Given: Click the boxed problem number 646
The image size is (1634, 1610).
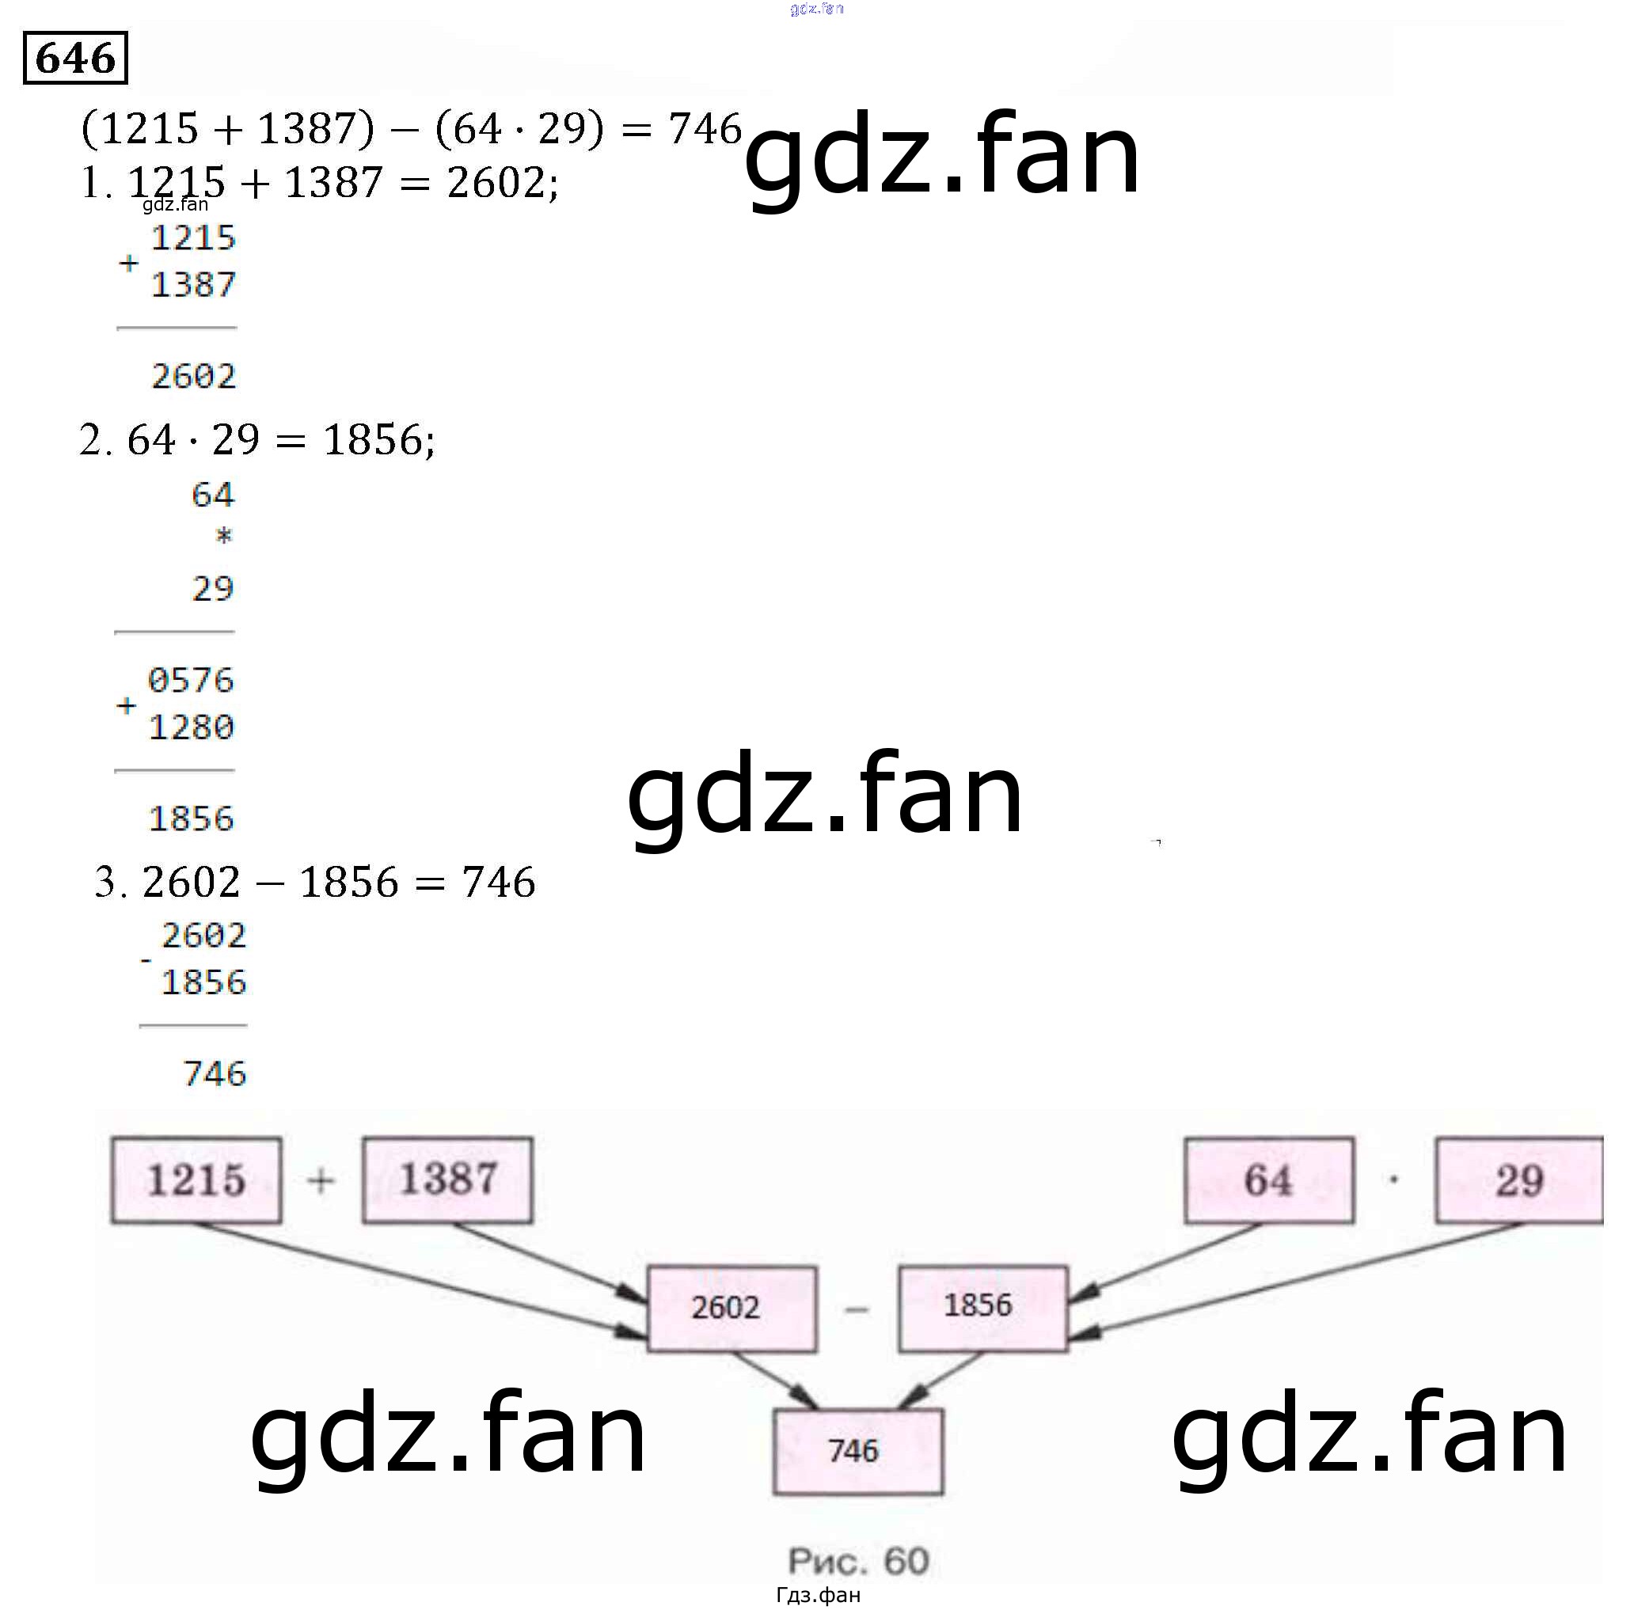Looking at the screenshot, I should pyautogui.click(x=75, y=59).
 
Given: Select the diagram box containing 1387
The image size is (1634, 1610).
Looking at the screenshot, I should pyautogui.click(x=447, y=1179).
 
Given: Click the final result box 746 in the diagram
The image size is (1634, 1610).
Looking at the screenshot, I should pyautogui.click(x=857, y=1451).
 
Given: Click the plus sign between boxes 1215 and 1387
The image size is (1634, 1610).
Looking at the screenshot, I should pyautogui.click(x=321, y=1180).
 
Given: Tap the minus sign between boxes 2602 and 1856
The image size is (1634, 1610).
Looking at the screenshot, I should pyautogui.click(x=856, y=1310).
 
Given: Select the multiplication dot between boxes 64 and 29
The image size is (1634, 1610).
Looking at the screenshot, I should pyautogui.click(x=1393, y=1179).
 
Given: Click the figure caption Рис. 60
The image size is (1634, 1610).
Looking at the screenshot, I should pyautogui.click(x=857, y=1561).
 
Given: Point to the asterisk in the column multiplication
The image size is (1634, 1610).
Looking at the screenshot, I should pyautogui.click(x=223, y=536).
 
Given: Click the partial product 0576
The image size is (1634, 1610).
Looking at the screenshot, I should pyautogui.click(x=191, y=681).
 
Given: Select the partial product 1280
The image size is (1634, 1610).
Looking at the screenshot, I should pyautogui.click(x=191, y=727).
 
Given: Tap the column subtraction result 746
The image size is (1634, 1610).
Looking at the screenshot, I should pyautogui.click(x=215, y=1074).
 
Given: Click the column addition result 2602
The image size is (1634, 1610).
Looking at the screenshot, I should pyautogui.click(x=194, y=376).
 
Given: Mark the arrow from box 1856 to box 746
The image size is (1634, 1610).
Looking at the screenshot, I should pyautogui.click(x=940, y=1380).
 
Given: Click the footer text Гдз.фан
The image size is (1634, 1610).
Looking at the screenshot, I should pyautogui.click(x=818, y=1596).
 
